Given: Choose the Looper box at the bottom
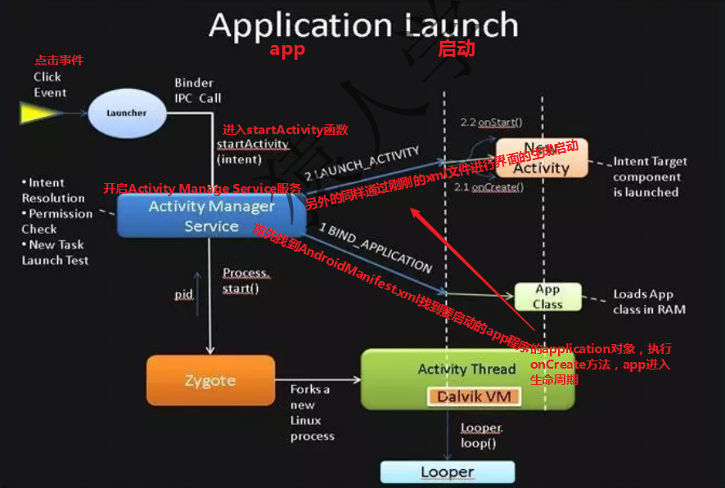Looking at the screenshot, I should (448, 472).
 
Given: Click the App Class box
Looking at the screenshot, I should (547, 297).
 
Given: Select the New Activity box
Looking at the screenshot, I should (541, 158).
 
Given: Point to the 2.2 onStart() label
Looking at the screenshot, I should (491, 123).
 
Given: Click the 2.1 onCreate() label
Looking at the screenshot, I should (488, 187).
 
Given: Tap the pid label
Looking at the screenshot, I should (184, 293).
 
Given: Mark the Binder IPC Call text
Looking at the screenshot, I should (197, 90).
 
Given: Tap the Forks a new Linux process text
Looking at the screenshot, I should (312, 413).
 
